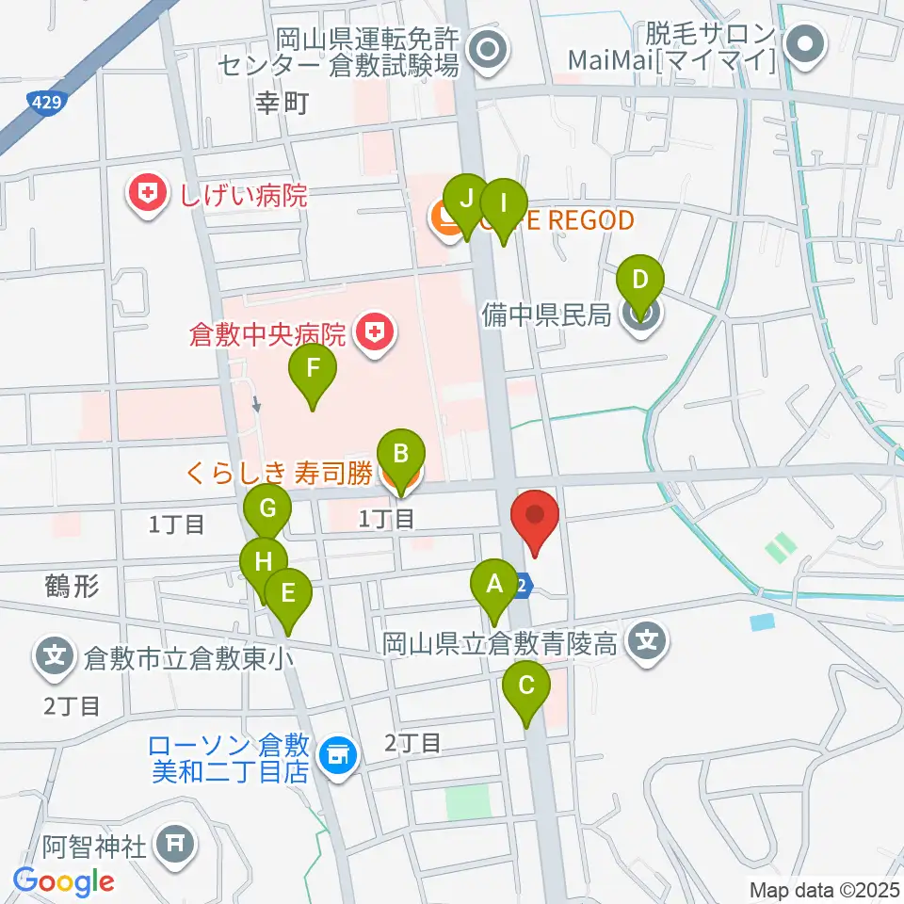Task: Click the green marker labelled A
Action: pyautogui.click(x=492, y=585)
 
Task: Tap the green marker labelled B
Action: pyautogui.click(x=400, y=456)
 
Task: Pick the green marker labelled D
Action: pyautogui.click(x=640, y=281)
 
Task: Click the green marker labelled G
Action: pyautogui.click(x=267, y=511)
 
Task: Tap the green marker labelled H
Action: pyautogui.click(x=264, y=562)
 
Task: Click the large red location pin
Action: pyautogui.click(x=535, y=517)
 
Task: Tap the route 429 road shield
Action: pyautogui.click(x=40, y=101)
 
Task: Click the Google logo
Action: pyautogui.click(x=63, y=881)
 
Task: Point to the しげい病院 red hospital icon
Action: pyautogui.click(x=147, y=195)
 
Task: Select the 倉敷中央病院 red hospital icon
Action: pyautogui.click(x=374, y=332)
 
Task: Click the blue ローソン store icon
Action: pyautogui.click(x=338, y=755)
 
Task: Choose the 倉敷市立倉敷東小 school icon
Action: pyautogui.click(x=55, y=654)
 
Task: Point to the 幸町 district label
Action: pyautogui.click(x=282, y=103)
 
